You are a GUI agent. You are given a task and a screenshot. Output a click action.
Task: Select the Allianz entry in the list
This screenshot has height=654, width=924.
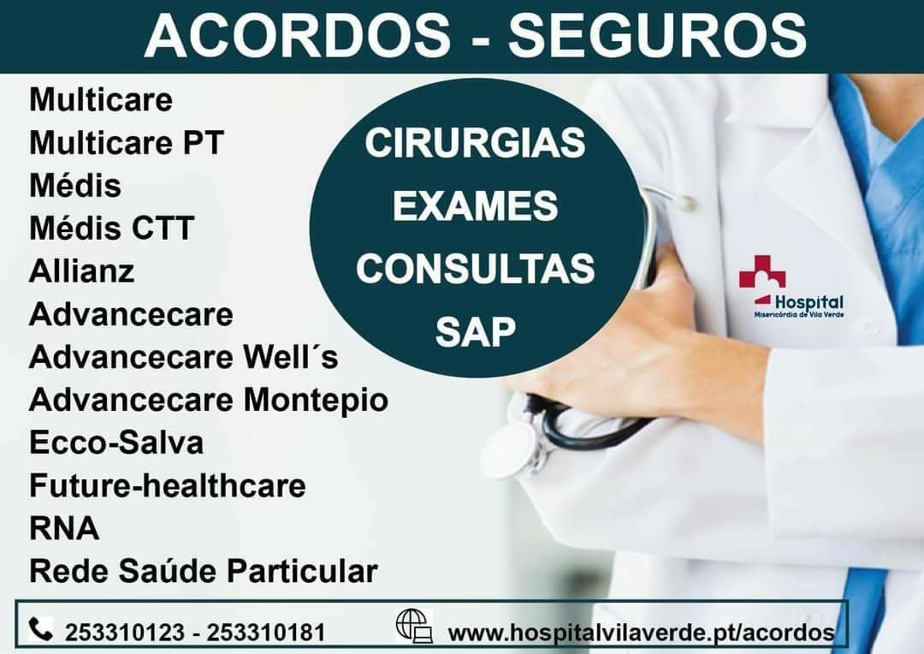pos(82,271)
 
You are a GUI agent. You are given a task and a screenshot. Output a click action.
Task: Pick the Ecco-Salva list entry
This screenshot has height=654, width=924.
pos(116,443)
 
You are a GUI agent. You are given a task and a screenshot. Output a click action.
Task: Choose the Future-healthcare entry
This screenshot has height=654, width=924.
pos(168,485)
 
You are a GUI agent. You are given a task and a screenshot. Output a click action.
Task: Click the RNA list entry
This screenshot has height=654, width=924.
pos(64,528)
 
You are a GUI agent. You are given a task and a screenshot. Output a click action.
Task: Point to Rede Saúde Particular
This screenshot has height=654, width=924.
pos(204,570)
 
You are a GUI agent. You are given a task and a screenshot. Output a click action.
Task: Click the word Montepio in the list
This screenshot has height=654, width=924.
pos(316,400)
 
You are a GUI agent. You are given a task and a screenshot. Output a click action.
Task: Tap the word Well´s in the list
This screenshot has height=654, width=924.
pos(291,357)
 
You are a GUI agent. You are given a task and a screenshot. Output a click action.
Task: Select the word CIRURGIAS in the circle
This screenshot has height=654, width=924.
pos(475,143)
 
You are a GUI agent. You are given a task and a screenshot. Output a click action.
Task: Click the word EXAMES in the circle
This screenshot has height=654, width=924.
pos(475,205)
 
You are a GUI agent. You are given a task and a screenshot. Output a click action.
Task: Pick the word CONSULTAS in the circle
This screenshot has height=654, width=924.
pos(475,268)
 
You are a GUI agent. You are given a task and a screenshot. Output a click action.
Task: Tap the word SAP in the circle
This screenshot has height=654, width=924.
pos(475,330)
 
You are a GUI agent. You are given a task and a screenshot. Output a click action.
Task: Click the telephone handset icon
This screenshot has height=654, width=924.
pos(41,629)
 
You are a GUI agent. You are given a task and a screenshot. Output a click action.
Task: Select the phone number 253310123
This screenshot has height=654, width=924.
pos(125,633)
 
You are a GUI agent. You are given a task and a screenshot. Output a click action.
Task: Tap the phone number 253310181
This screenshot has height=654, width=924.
pos(266,633)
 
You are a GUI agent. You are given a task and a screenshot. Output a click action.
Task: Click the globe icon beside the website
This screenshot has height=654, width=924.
pos(414,626)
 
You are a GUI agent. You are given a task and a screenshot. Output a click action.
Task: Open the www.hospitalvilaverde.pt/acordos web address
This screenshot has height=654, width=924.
pos(642,633)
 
